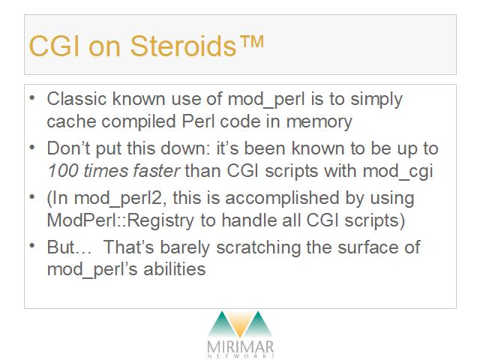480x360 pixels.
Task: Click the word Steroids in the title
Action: [x=183, y=46]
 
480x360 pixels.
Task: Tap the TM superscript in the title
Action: [x=250, y=42]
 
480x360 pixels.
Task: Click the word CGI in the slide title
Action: [x=55, y=46]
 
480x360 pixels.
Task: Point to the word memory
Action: [x=319, y=121]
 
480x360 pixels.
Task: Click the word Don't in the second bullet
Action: [x=68, y=148]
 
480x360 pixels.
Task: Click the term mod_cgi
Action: [x=397, y=172]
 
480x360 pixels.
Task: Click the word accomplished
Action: [x=282, y=198]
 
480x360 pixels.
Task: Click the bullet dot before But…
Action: [x=32, y=245]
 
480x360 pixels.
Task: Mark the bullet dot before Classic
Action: [x=32, y=97]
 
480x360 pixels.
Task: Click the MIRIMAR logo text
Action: [x=240, y=347]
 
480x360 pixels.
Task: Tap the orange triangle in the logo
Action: [x=240, y=325]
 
